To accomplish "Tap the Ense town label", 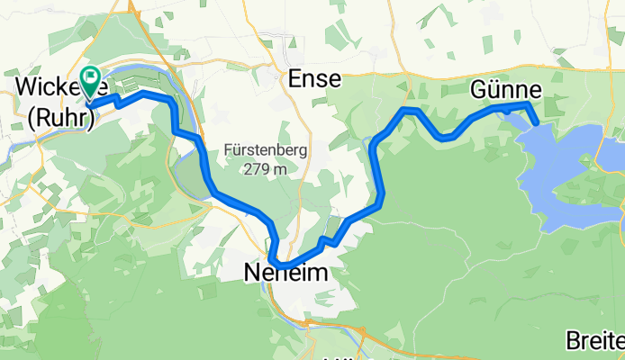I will point(314,79).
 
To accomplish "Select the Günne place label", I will point(505,90).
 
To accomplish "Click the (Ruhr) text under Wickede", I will point(56,120).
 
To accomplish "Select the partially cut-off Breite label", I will point(594,341).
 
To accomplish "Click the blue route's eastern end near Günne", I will point(536,121).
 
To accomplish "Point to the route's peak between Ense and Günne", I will point(410,110).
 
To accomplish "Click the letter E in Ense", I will point(294,79).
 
